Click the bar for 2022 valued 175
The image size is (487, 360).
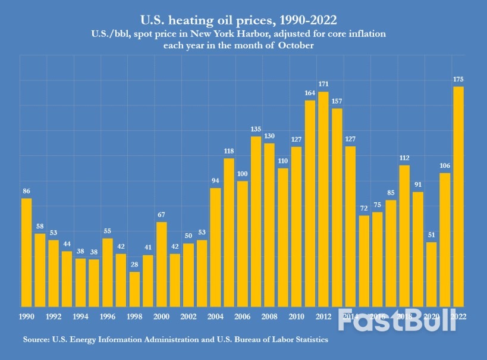[458, 196]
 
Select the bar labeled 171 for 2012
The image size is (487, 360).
[323, 199]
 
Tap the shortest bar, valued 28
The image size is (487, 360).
[135, 289]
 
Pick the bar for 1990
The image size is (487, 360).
[27, 252]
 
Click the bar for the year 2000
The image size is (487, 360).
[162, 264]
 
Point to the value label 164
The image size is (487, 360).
[310, 92]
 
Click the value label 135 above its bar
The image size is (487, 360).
[256, 129]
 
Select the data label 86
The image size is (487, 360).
[27, 191]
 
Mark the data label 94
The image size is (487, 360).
[216, 180]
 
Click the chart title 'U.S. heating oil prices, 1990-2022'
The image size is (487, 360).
[244, 19]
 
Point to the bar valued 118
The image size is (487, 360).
[229, 232]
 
